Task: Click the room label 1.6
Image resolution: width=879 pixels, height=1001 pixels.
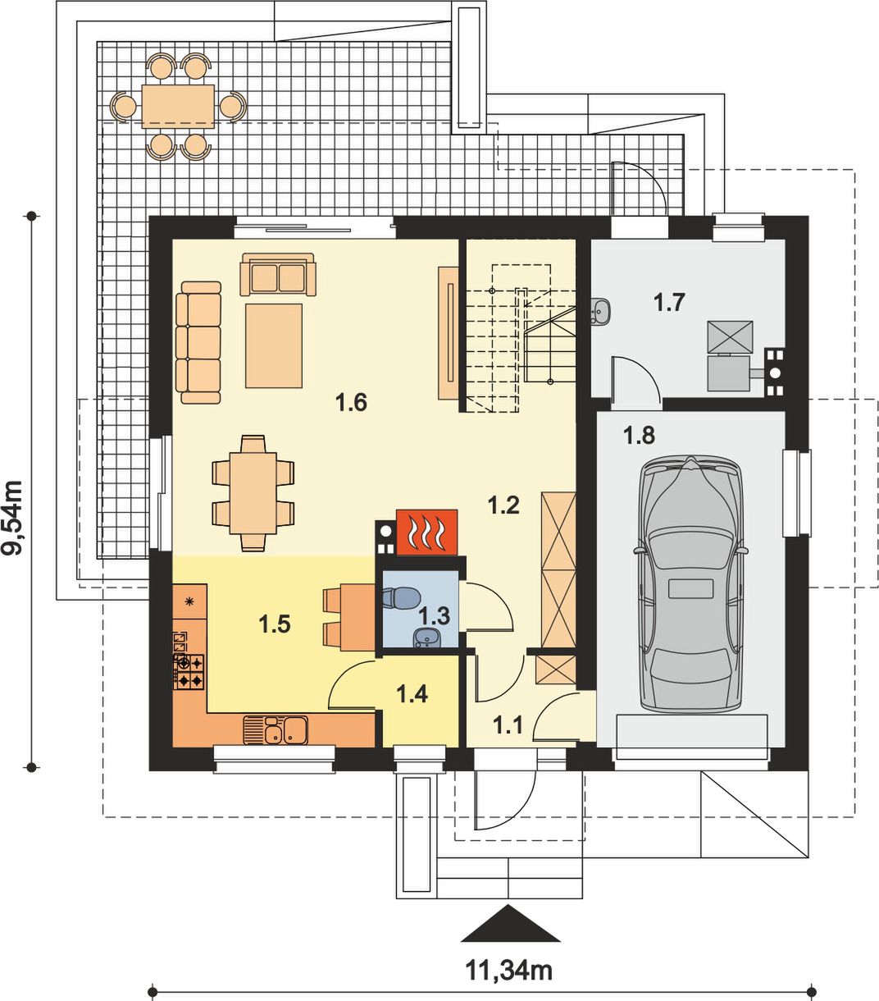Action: pyautogui.click(x=351, y=402)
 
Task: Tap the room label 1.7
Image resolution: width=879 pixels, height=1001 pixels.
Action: pyautogui.click(x=669, y=303)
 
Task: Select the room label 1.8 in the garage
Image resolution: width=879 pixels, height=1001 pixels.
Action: pyautogui.click(x=639, y=436)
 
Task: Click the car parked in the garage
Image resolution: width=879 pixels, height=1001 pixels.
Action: pyautogui.click(x=690, y=583)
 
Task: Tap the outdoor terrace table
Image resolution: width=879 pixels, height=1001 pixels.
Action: pyautogui.click(x=178, y=106)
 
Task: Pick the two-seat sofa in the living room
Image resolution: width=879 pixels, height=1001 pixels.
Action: pyautogui.click(x=277, y=275)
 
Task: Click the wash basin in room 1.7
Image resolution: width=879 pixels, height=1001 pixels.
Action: pyautogui.click(x=600, y=311)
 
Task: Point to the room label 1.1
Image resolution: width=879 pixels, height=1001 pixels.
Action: pyautogui.click(x=508, y=725)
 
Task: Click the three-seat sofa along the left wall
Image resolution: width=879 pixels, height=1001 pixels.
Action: pyautogui.click(x=198, y=343)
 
